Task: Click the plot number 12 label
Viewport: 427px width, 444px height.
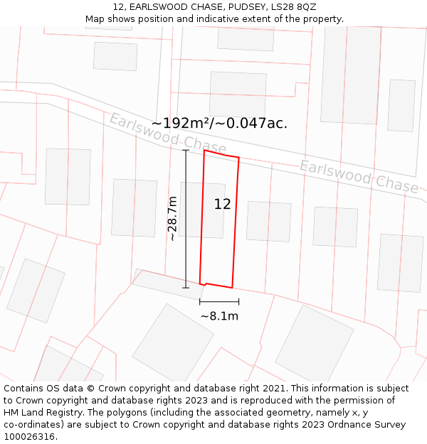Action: point(222,205)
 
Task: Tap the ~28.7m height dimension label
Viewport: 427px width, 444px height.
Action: point(173,219)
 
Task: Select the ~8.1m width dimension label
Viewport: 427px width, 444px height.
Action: point(219,316)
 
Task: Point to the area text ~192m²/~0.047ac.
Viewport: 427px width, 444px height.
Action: point(219,123)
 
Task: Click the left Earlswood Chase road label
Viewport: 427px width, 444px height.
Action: point(167,133)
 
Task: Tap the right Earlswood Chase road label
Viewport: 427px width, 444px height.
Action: point(359,175)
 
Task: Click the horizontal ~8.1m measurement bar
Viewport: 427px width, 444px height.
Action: point(219,302)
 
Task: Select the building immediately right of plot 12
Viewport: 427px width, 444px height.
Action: point(268,221)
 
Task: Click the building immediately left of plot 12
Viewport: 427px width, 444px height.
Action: point(134,207)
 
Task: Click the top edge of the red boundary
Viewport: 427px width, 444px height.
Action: point(221,154)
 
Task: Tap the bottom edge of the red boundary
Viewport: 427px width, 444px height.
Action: point(218,286)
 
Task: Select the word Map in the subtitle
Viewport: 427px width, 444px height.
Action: point(95,19)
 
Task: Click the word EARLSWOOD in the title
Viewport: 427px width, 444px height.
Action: point(154,6)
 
